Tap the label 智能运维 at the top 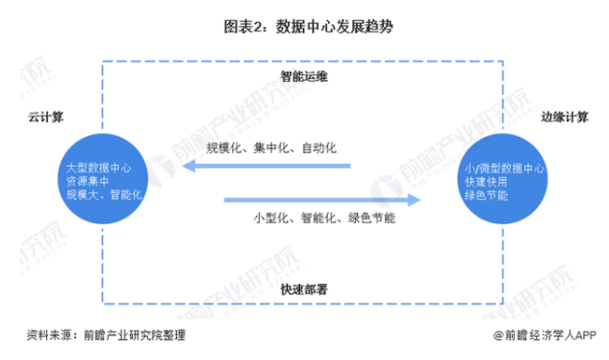tap(303, 72)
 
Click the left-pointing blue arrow tap(269, 167)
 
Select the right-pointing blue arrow tap(323, 199)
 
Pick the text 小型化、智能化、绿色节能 tap(324, 219)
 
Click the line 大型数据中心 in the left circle tap(93, 167)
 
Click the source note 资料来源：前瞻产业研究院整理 tap(106, 335)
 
